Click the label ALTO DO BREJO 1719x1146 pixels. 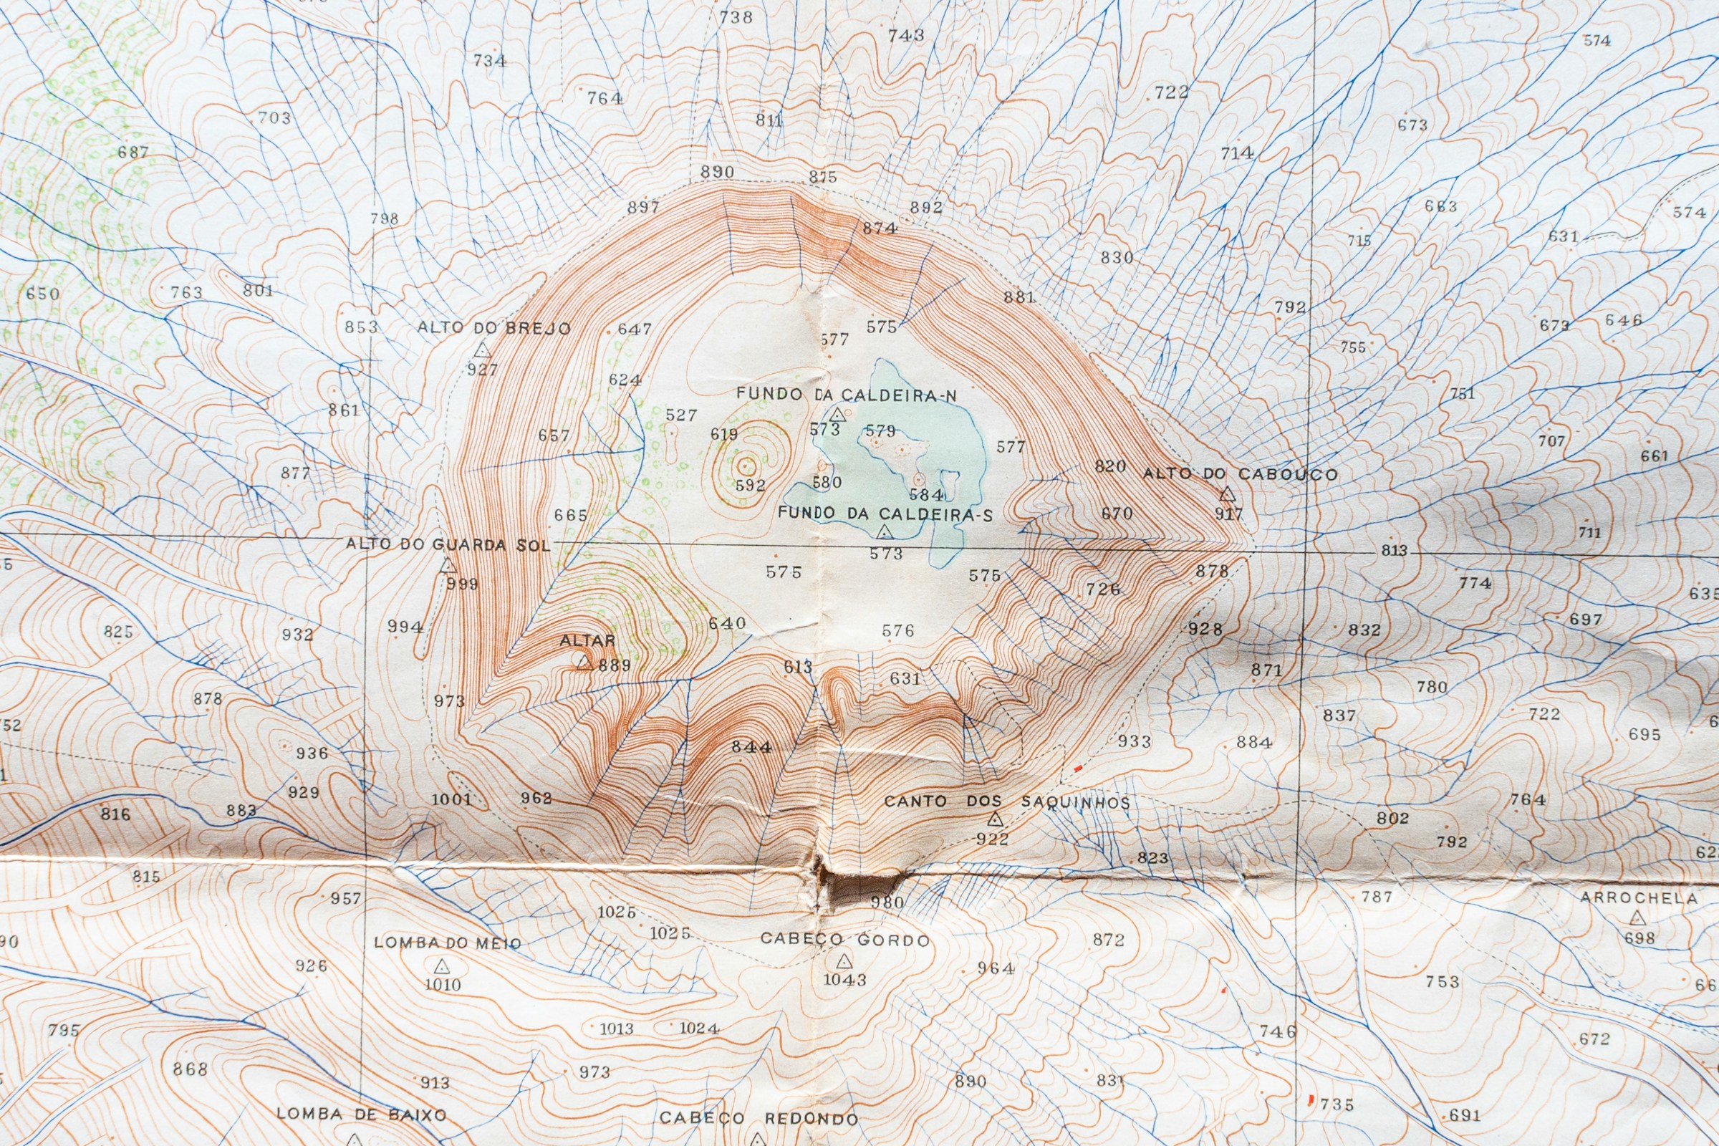point(494,328)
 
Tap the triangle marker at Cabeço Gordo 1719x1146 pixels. point(844,960)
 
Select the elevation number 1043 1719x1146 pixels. point(845,979)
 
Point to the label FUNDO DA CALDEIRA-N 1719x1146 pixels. point(847,395)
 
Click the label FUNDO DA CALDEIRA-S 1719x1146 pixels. point(885,514)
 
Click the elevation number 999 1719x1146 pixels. point(462,584)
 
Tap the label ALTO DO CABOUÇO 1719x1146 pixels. point(1241,474)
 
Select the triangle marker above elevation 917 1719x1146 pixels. point(1227,495)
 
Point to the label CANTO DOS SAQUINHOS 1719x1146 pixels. point(1006,801)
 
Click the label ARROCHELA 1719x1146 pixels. point(1639,898)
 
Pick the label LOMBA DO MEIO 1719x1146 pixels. point(447,943)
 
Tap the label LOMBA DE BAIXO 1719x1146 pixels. point(361,1114)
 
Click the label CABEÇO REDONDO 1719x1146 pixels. point(759,1119)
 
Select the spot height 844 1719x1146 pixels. point(751,747)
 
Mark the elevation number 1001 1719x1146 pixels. point(451,799)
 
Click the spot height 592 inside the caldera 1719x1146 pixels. point(750,486)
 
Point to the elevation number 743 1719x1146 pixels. point(906,35)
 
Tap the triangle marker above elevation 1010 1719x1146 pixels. point(441,966)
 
